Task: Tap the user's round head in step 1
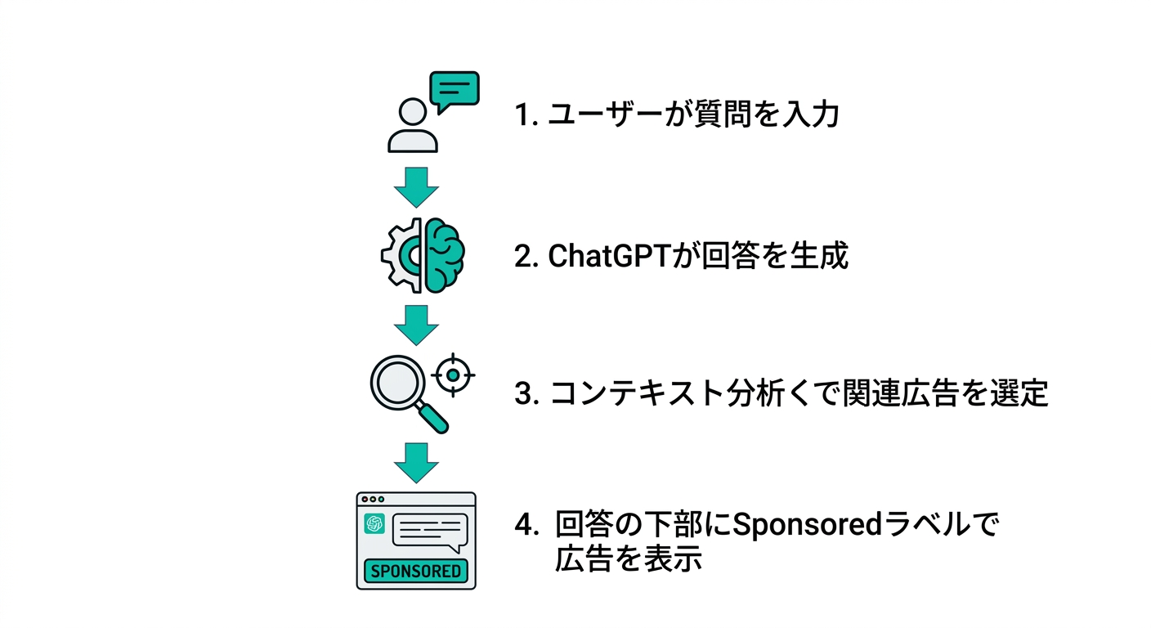click(413, 112)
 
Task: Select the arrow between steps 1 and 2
click(416, 187)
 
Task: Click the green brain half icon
click(444, 255)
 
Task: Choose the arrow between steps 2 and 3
click(416, 325)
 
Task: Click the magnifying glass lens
click(397, 380)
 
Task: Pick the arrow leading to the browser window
click(416, 463)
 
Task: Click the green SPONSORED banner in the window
click(415, 570)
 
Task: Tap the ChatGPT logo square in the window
click(375, 524)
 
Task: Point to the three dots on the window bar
click(372, 499)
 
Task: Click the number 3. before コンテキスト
click(526, 394)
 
